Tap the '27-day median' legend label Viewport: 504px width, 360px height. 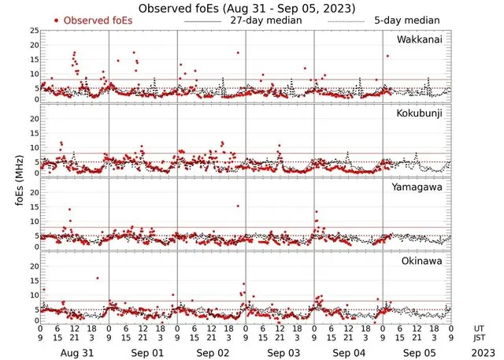coord(265,20)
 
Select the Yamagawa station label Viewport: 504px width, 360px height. coord(419,187)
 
